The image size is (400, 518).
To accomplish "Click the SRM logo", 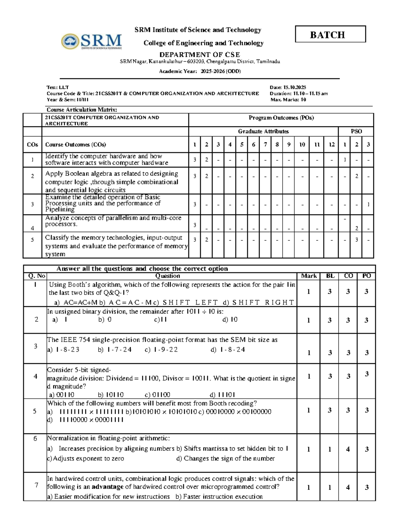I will [91, 42].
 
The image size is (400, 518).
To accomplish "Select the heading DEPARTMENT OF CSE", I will [199, 55].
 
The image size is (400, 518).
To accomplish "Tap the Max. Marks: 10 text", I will [288, 100].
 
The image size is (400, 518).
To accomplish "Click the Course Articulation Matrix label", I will [82, 110].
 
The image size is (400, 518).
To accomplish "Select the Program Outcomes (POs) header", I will [281, 118].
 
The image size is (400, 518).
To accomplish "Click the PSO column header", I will [356, 131].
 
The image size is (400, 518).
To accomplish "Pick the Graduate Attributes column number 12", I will [331, 145].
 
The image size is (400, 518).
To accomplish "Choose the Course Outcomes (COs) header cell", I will [76, 145].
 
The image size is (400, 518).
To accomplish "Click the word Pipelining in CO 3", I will [60, 209].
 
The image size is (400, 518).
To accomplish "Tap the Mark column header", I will [309, 276].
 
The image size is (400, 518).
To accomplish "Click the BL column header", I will [330, 276].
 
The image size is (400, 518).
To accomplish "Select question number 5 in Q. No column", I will [35, 411].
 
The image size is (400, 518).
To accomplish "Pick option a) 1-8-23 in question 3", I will [63, 350].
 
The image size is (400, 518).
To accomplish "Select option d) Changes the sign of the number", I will [225, 459].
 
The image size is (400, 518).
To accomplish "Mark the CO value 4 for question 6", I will [348, 449].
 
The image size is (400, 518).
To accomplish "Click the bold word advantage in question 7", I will [107, 487].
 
